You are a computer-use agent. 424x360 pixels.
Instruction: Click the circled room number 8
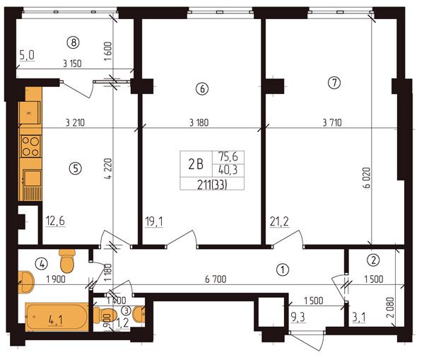point(73,42)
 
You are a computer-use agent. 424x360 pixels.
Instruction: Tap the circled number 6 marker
point(202,88)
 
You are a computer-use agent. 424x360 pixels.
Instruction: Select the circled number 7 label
point(334,83)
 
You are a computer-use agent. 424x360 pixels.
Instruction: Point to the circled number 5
point(76,168)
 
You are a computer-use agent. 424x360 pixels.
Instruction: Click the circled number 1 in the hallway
point(283,269)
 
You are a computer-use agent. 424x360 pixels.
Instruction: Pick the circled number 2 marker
point(373,260)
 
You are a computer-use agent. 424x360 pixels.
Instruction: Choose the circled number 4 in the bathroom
point(42,263)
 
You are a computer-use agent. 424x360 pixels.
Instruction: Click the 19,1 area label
point(154,222)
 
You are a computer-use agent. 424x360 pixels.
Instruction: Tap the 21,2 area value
point(279,221)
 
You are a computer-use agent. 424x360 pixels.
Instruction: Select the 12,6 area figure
point(55,221)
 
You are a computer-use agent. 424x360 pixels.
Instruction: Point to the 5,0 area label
point(27,56)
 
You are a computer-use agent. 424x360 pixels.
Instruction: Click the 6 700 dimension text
point(216,279)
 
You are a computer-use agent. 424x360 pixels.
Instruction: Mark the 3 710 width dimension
point(332,122)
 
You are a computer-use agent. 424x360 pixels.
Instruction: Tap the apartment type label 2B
point(196,164)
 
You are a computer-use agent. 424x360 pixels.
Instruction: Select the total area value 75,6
point(228,157)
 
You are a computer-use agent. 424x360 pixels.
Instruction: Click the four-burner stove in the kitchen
point(30,146)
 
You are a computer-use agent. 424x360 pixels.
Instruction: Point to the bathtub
point(57,317)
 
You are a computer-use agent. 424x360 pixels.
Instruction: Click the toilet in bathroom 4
point(67,261)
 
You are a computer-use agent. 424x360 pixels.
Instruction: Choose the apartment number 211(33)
point(212,185)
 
